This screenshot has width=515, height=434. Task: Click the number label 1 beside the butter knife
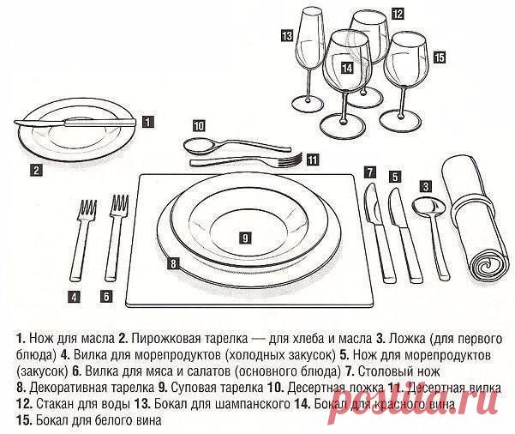(148, 122)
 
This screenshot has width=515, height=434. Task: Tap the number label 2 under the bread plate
(36, 169)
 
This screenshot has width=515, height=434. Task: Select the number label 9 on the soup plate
(244, 236)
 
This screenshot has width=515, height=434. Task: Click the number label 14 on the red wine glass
(346, 67)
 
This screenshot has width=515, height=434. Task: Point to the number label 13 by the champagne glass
(286, 35)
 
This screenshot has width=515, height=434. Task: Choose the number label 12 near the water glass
(398, 14)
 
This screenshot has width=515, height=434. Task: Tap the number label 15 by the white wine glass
(439, 57)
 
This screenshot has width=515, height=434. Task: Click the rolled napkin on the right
(475, 219)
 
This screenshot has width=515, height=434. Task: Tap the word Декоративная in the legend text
(59, 388)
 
